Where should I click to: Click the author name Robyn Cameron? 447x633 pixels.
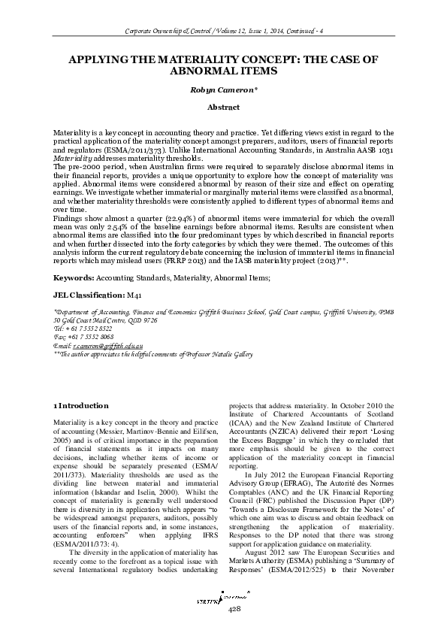click(x=223, y=88)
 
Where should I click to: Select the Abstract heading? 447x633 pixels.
click(x=223, y=108)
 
